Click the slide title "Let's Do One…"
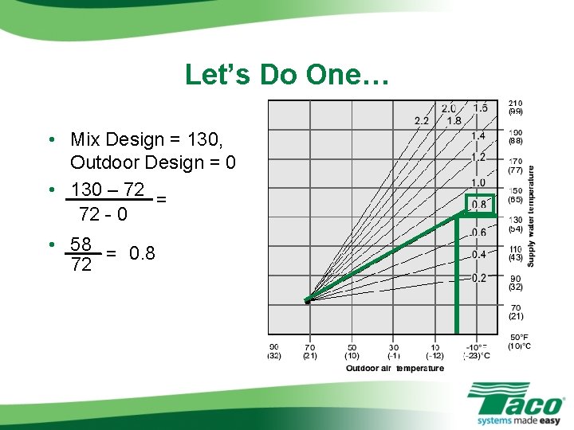[287, 75]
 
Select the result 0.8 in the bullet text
[142, 254]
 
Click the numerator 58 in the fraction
[81, 244]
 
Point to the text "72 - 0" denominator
[103, 214]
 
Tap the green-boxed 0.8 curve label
[479, 205]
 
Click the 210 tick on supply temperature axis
[516, 104]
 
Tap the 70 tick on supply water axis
[516, 307]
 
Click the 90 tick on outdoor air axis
[274, 347]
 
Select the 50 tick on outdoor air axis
[352, 347]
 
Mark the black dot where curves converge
[307, 301]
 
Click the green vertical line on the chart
[457, 279]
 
